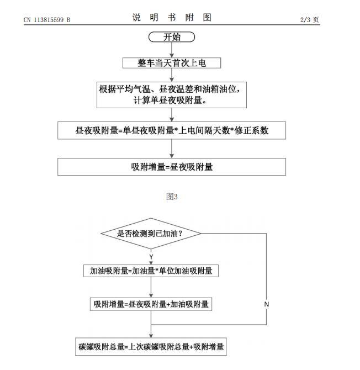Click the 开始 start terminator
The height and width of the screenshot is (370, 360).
[172, 37]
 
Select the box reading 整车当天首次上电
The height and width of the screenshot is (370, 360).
[172, 63]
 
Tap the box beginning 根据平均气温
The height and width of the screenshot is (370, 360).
[172, 95]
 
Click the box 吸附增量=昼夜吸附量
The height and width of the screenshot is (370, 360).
[172, 167]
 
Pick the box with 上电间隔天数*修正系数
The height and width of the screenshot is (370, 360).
[172, 130]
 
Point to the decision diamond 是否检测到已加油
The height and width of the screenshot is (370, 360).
[151, 234]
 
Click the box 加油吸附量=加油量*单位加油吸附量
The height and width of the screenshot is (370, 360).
[151, 271]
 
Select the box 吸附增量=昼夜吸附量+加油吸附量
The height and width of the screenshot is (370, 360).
[151, 304]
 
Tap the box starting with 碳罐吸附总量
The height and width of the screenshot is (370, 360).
[151, 347]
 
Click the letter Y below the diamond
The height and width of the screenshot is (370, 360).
[151, 257]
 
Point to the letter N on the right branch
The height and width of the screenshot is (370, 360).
[267, 304]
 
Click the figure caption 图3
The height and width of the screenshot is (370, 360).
[172, 197]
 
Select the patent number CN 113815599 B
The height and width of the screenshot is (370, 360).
[47, 20]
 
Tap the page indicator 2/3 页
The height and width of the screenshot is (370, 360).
[309, 19]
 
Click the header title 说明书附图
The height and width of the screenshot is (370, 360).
[172, 18]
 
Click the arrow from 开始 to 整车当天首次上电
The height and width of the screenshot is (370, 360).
[172, 50]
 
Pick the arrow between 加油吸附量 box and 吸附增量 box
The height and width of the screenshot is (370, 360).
[151, 287]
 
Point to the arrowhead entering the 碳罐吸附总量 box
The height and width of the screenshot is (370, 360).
[151, 336]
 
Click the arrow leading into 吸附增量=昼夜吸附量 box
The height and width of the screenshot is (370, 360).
[172, 149]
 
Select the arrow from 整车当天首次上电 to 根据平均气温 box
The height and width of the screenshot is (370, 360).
[172, 75]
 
